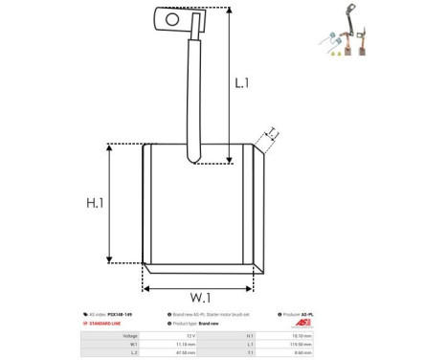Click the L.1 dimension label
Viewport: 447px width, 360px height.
[242, 83]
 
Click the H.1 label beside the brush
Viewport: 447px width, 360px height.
[93, 202]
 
